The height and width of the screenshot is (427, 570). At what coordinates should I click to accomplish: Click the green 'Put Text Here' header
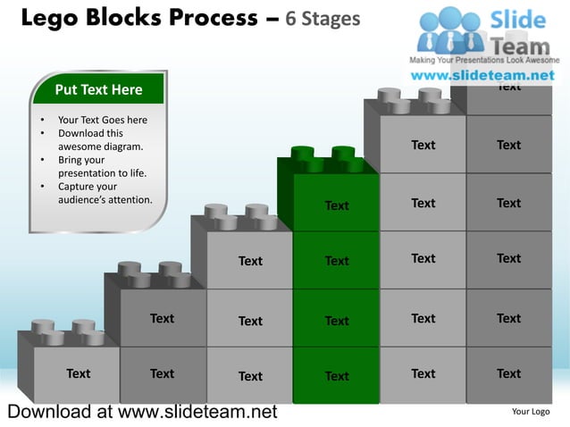tap(98, 89)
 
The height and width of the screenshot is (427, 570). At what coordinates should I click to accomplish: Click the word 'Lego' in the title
tap(50, 18)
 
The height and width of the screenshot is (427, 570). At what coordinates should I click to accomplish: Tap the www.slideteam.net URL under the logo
tap(482, 76)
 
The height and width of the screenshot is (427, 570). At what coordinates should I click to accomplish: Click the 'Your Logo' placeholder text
tap(530, 412)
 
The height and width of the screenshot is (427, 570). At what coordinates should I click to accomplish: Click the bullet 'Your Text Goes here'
tap(102, 120)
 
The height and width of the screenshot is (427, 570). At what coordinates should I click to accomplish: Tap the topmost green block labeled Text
tap(337, 205)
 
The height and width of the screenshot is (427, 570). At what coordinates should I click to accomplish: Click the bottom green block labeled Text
tap(337, 376)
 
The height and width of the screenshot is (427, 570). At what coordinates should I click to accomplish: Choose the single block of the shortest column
tap(78, 373)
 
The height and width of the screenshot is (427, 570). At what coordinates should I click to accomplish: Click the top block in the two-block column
tap(162, 318)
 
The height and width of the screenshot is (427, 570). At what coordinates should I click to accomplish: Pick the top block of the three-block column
tap(250, 261)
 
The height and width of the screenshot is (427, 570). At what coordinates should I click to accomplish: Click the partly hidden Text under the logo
tap(508, 88)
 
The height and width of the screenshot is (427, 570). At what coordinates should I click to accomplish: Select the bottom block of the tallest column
tap(508, 373)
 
